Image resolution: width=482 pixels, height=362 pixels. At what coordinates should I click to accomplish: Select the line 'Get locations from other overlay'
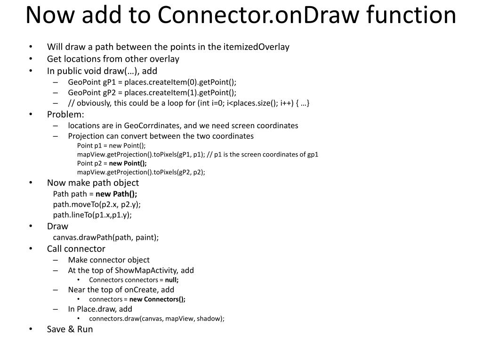[x=113, y=59]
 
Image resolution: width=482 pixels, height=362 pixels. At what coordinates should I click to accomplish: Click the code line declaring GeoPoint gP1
[x=152, y=82]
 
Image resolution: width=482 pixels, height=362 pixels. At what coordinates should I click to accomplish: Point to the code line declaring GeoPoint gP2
[x=152, y=92]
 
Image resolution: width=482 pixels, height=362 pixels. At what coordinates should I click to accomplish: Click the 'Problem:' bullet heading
[x=65, y=115]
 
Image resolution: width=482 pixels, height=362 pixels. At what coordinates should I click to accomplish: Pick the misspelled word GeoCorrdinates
[x=153, y=125]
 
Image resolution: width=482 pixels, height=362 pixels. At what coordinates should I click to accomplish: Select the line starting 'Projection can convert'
[x=161, y=136]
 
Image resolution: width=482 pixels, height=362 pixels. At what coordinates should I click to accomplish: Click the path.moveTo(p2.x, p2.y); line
[x=97, y=204]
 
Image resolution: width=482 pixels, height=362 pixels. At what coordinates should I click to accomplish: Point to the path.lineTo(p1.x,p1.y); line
[x=92, y=214]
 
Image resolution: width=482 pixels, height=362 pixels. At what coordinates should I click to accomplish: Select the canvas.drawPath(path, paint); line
[x=106, y=237]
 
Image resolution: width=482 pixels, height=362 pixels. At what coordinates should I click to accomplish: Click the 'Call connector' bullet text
[x=76, y=248]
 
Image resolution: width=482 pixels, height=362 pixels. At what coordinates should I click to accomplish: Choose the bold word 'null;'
[x=172, y=280]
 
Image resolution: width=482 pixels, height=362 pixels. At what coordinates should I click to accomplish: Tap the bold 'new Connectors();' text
[x=157, y=299]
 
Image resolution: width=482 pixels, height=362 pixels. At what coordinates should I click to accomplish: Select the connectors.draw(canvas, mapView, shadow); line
[x=157, y=318]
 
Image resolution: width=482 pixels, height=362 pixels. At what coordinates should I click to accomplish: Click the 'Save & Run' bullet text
[x=70, y=329]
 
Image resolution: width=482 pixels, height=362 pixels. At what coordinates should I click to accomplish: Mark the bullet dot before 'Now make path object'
[x=31, y=183]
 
